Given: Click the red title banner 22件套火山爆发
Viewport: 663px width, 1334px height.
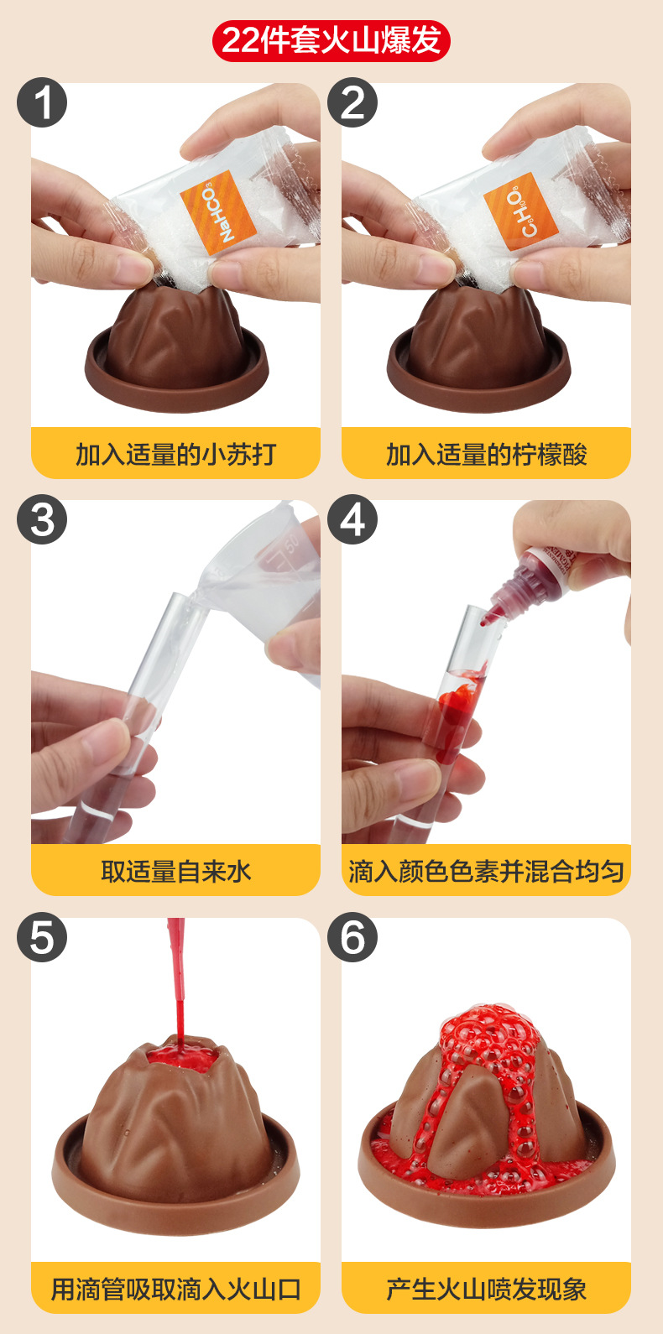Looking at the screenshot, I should click(331, 40).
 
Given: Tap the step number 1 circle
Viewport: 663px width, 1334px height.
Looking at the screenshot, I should click(42, 103).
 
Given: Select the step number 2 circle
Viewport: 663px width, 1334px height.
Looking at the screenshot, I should click(352, 103).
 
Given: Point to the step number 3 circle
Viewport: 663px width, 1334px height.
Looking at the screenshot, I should click(42, 520).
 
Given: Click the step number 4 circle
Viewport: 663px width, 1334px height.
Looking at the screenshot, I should click(352, 520).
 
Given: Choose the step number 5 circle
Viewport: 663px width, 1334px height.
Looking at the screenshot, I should click(42, 937).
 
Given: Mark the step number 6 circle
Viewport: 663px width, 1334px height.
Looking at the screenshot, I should click(352, 937).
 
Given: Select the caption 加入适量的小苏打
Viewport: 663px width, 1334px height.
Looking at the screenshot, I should click(175, 454).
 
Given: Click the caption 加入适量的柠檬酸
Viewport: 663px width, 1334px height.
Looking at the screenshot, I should click(486, 454).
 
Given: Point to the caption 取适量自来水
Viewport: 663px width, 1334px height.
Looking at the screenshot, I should click(175, 871).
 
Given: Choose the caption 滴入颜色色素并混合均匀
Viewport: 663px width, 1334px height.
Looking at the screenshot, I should click(486, 871).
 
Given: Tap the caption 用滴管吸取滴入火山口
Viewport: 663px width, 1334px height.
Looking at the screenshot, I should click(175, 1288).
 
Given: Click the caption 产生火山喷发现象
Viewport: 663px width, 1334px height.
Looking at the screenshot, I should click(486, 1288).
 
